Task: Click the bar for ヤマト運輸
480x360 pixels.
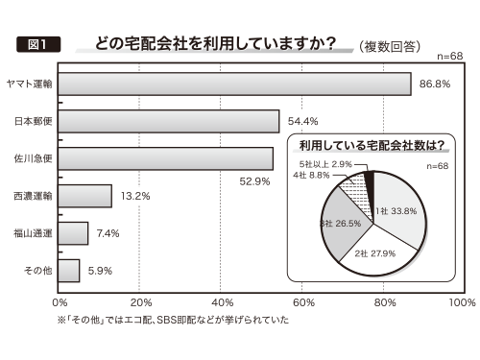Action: pos(235,84)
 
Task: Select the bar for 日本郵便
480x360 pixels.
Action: pos(169,121)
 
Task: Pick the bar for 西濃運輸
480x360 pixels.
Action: pos(85,196)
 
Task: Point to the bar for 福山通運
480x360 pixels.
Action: pos(74,233)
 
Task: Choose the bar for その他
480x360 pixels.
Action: pos(70,271)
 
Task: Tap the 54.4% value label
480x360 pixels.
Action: pos(301,121)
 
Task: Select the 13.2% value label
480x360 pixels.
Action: pos(134,196)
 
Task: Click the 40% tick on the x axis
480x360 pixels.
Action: pos(221,301)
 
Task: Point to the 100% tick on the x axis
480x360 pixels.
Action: pos(462,301)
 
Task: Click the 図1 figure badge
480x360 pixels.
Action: pos(38,44)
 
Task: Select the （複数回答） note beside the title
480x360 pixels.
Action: pos(388,45)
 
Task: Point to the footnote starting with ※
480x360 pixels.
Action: pos(173,320)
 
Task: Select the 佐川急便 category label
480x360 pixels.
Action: pos(32,158)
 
